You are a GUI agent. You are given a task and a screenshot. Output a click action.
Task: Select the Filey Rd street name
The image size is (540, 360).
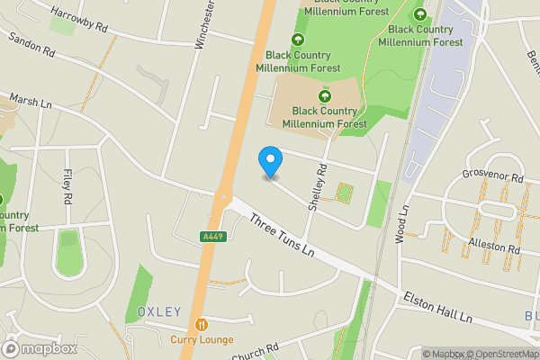pyautogui.click(x=67, y=184)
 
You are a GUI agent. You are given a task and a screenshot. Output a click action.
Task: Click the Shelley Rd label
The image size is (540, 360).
pyautogui.click(x=316, y=187)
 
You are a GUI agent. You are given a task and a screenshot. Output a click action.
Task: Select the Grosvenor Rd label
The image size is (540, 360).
pyautogui.click(x=492, y=177)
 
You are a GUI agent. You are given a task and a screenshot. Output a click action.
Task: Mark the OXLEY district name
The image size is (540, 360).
pyautogui.click(x=159, y=312)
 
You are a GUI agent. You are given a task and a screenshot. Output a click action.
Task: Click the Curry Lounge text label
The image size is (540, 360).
pyautogui.click(x=202, y=339)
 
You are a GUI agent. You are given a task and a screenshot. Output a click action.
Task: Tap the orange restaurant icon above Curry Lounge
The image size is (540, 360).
pyautogui.click(x=202, y=324)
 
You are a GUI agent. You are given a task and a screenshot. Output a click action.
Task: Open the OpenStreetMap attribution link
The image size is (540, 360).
pyautogui.click(x=505, y=354)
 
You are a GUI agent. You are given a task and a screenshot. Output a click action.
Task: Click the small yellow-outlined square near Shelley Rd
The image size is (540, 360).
pyautogui.click(x=344, y=193)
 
